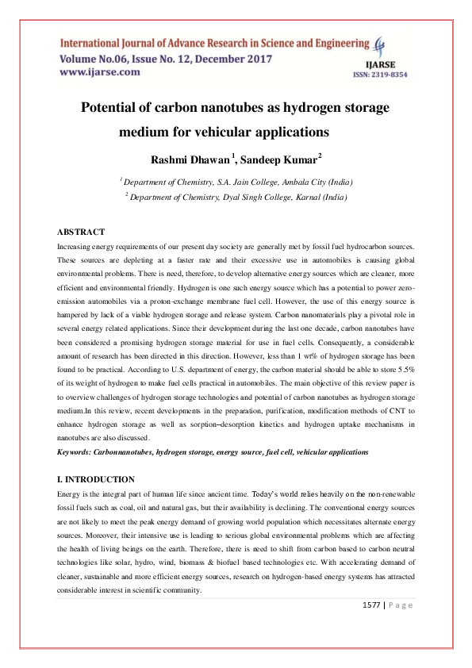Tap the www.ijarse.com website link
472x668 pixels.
tap(99, 72)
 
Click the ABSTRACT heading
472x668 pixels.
tap(80, 232)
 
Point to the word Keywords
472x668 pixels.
tap(75, 451)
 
